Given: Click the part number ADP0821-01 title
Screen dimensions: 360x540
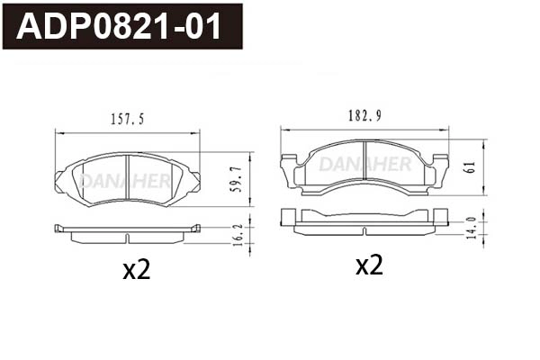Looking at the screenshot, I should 120,27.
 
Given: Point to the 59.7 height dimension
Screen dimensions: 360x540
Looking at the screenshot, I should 237,181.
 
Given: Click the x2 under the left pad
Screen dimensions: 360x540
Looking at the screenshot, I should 135,270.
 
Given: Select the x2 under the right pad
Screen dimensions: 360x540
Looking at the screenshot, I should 369,265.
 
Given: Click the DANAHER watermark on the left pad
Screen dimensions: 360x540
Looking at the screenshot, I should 124,180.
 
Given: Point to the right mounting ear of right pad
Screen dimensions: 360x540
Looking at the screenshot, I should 440,171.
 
